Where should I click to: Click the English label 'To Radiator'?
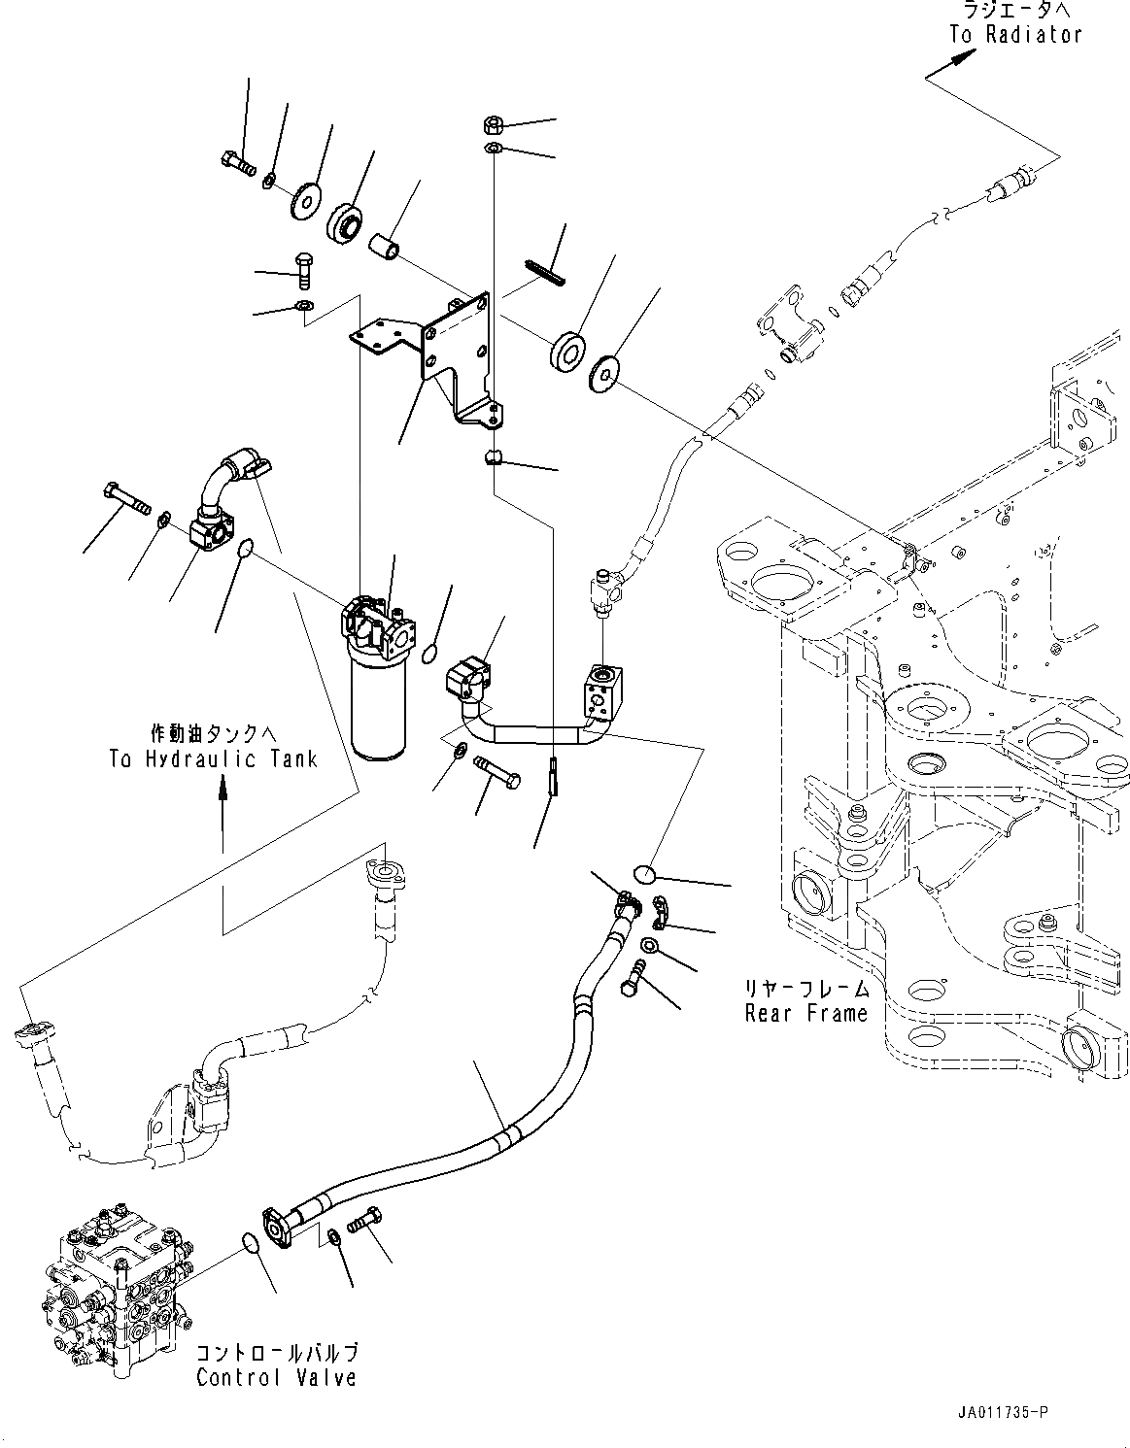click(1015, 34)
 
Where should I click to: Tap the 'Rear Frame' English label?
click(805, 1014)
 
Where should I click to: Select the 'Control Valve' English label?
click(276, 1377)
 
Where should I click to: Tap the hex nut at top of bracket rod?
click(492, 125)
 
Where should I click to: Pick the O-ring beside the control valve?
click(251, 1243)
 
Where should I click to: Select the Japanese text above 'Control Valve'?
click(277, 1352)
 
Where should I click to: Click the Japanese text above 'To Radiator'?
click(1015, 11)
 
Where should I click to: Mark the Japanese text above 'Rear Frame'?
click(805, 989)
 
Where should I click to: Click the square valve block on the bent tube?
click(601, 690)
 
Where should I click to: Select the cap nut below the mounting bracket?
click(493, 457)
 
